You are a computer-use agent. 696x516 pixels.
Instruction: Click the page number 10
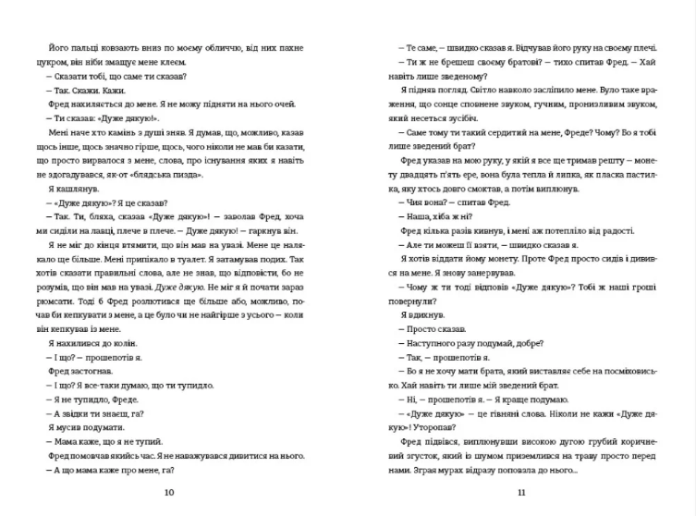(x=167, y=491)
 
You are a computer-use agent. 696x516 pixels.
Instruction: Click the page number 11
(x=522, y=491)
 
